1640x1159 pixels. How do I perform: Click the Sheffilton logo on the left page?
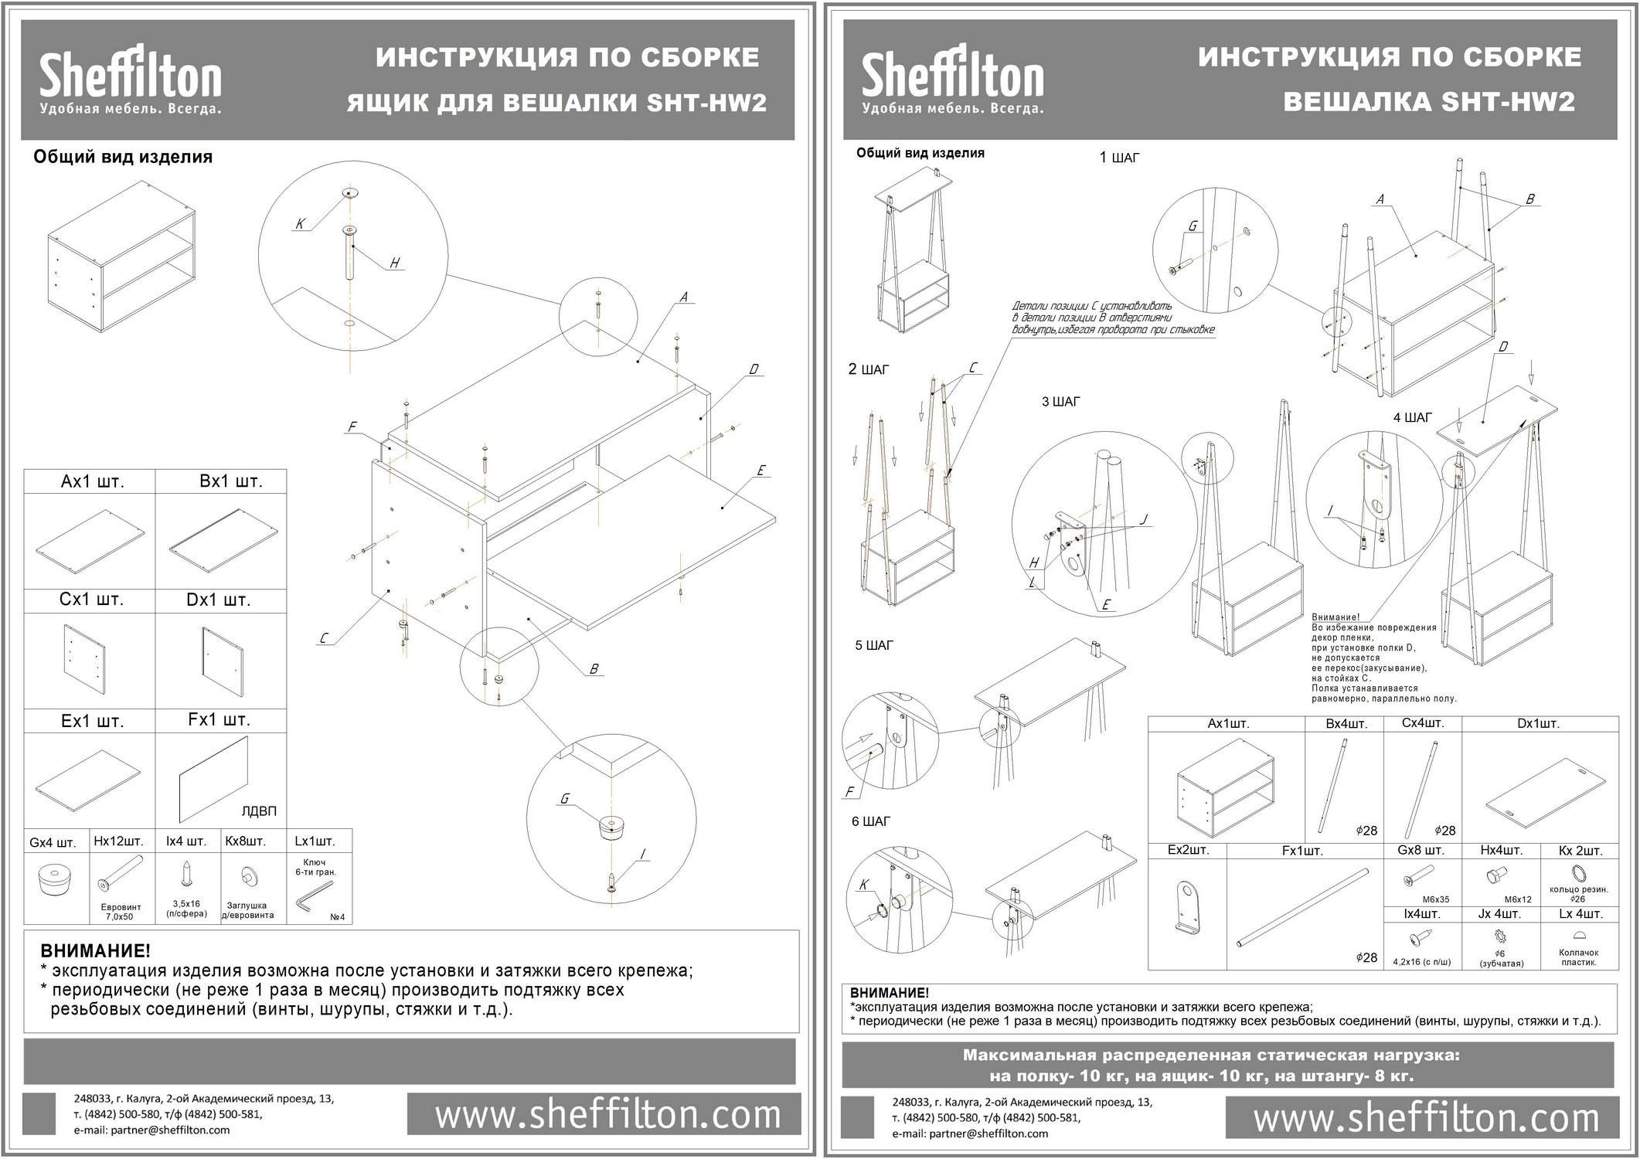tap(130, 80)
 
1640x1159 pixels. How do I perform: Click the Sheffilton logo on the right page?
tap(952, 80)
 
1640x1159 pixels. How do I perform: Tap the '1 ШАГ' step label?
tap(1119, 158)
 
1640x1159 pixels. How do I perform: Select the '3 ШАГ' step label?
tap(1060, 402)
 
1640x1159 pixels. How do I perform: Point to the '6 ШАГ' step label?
tap(870, 821)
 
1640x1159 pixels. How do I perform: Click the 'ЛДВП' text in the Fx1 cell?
tap(259, 811)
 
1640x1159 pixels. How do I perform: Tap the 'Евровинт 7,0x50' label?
tap(120, 912)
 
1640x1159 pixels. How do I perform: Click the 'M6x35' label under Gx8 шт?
tap(1435, 899)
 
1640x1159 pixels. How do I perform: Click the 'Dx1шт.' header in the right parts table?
tap(1537, 724)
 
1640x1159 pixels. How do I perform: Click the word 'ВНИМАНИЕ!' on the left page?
tap(95, 950)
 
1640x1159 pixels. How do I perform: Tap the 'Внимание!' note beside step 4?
tap(1335, 617)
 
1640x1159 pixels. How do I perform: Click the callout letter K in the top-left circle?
tap(300, 224)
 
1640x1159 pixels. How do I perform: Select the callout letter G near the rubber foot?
tap(565, 798)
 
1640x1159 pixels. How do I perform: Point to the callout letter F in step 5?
tap(850, 791)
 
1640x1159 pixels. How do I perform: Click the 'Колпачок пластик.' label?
tap(1578, 957)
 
